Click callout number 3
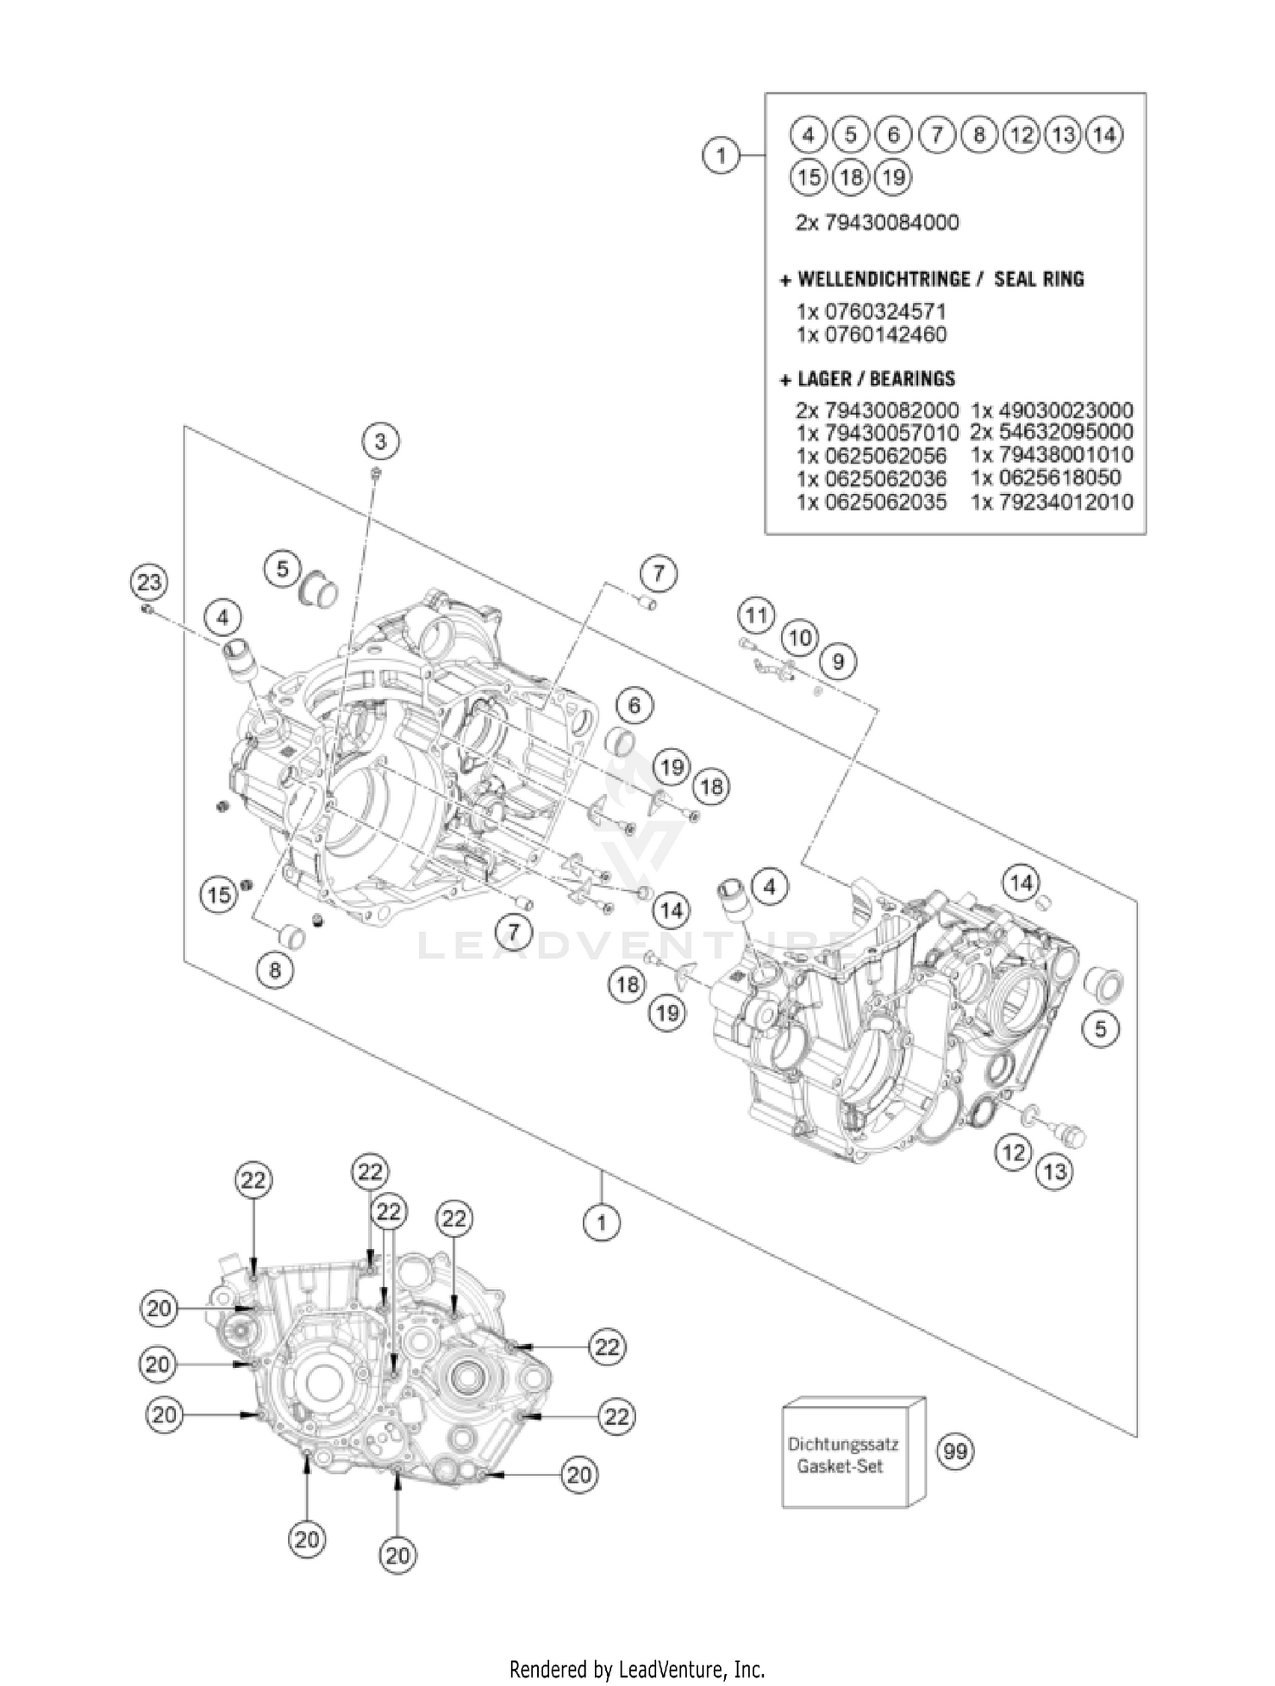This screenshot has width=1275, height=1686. point(380,441)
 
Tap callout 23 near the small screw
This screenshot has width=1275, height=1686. point(149,582)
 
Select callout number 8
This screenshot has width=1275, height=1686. point(275,970)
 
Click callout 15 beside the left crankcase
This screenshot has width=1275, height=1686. point(219,894)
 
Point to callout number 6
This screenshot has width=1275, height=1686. point(634,705)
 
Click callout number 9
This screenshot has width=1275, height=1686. point(838,661)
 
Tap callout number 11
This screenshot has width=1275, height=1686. point(756,615)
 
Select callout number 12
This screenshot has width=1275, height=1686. point(1012,1153)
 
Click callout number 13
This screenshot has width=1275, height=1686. point(1054,1172)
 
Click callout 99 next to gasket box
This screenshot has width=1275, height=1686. point(955,1451)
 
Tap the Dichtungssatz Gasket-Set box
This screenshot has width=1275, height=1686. point(853,1454)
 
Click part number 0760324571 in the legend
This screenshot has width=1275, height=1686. point(871,311)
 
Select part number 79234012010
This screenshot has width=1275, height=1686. point(1052,502)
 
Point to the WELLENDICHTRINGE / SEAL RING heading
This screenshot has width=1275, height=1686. point(932,279)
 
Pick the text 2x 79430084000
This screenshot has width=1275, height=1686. point(876,223)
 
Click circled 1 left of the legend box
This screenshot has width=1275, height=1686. point(721,156)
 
